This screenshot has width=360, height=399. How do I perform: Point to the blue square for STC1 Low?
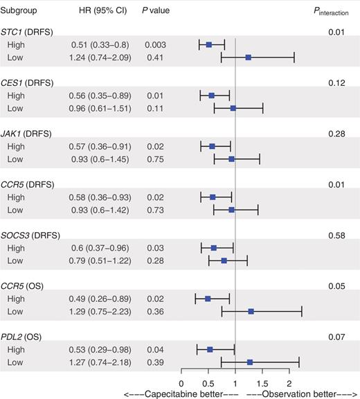point(248,57)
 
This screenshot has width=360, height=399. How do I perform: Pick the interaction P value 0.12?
point(336,82)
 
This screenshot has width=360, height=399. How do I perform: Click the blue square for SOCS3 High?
point(213,247)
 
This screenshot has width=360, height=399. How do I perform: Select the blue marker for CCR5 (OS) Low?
point(251,311)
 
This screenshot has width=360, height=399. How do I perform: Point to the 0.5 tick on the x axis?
point(208,382)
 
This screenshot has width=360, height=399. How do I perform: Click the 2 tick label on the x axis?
point(289,382)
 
